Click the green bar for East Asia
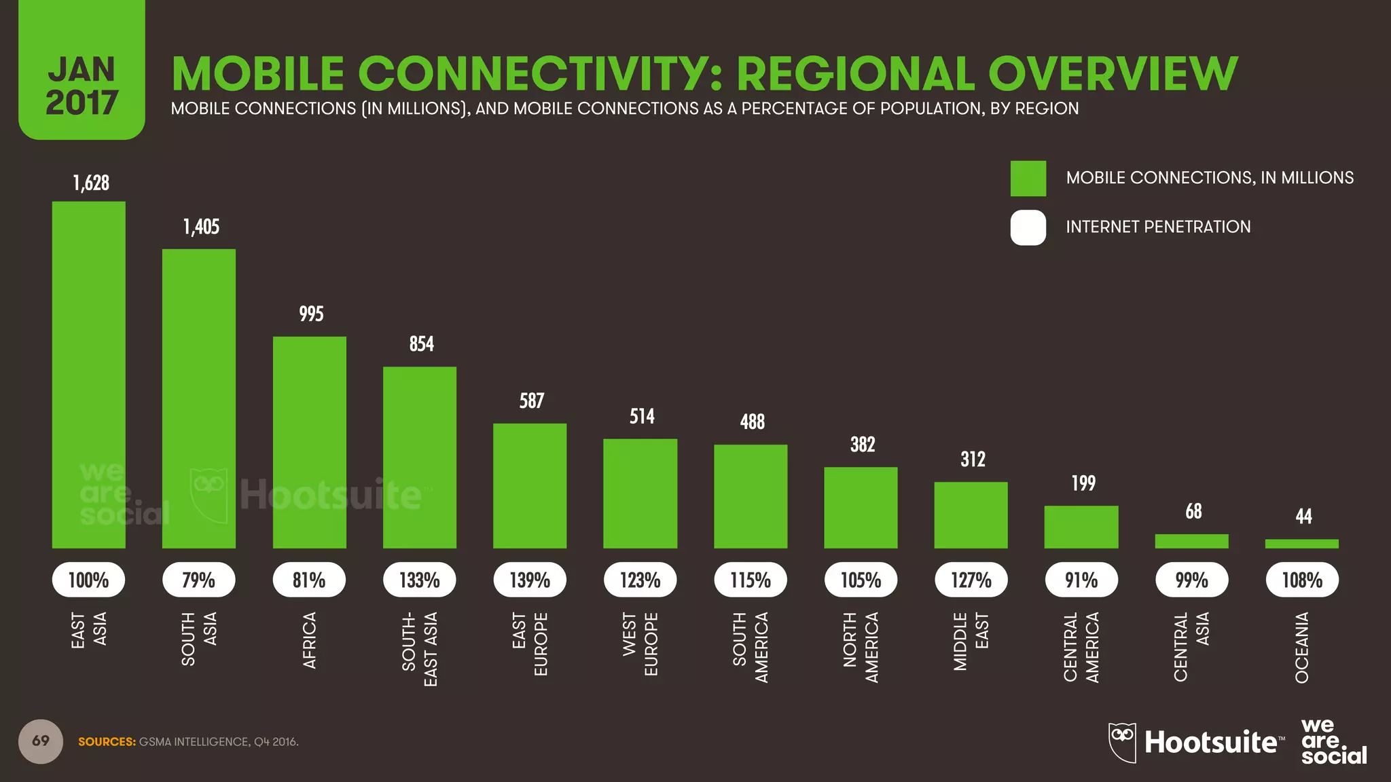(x=88, y=375)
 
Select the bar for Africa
(x=309, y=443)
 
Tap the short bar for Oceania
(x=1301, y=544)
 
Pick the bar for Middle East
(x=971, y=515)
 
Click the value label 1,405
(x=201, y=227)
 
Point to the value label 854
(x=421, y=344)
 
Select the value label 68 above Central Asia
(x=1193, y=511)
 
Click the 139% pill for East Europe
(x=530, y=580)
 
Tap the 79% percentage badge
(x=198, y=580)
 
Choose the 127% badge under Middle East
(x=971, y=580)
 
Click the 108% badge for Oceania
(x=1301, y=580)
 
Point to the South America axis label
(x=751, y=647)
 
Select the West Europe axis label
(x=640, y=644)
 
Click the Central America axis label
(x=1081, y=647)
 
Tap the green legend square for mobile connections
(x=1028, y=179)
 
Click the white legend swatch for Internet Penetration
(x=1028, y=227)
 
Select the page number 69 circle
(x=41, y=741)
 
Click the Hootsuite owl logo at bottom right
(x=1122, y=741)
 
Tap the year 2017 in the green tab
(x=82, y=103)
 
